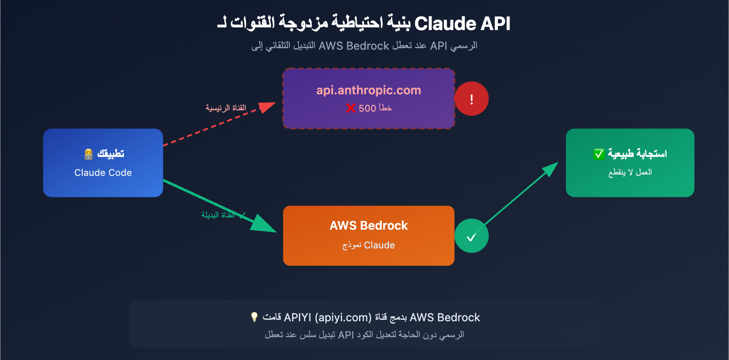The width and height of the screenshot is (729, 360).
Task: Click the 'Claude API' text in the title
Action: tap(462, 24)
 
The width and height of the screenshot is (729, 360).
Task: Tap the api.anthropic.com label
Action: tap(369, 90)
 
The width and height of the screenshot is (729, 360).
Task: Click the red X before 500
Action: tap(350, 108)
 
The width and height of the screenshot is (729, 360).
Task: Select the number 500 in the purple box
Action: tap(367, 108)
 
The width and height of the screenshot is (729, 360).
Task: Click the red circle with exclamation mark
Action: tap(472, 99)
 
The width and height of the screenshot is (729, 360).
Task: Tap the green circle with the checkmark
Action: tap(472, 236)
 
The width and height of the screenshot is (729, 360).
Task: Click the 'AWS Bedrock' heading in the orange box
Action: tap(369, 226)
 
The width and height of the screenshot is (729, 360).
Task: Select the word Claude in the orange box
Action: tap(380, 245)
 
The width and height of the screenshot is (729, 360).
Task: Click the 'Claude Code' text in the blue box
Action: tap(103, 173)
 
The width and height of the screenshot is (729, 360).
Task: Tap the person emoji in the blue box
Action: tap(88, 154)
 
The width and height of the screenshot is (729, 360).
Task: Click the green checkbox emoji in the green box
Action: tap(599, 154)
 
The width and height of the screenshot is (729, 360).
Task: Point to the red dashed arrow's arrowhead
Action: tap(267, 107)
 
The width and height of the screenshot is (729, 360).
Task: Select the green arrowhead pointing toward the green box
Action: tap(550, 169)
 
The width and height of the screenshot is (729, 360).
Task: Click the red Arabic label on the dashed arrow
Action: tap(226, 108)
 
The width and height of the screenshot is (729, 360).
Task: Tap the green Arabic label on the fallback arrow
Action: tap(219, 215)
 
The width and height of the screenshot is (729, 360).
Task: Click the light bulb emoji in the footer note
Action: tap(254, 317)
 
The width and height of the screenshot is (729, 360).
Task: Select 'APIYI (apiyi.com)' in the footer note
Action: tap(328, 318)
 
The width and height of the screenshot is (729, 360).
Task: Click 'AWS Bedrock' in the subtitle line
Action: tap(354, 46)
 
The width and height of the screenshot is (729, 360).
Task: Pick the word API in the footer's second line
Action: tap(346, 335)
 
